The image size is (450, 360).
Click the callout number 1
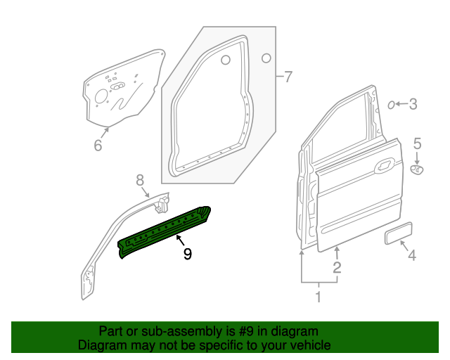click(318, 297)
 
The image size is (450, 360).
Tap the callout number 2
click(337, 267)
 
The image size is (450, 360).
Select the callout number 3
click(413, 105)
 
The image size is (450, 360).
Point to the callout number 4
click(412, 255)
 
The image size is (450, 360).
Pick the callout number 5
click(416, 144)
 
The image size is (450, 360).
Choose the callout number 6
click(98, 146)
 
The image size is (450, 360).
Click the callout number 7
click(287, 77)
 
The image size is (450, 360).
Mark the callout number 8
click(139, 179)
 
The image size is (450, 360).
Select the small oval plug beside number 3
click(390, 105)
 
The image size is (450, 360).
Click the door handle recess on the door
click(385, 167)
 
